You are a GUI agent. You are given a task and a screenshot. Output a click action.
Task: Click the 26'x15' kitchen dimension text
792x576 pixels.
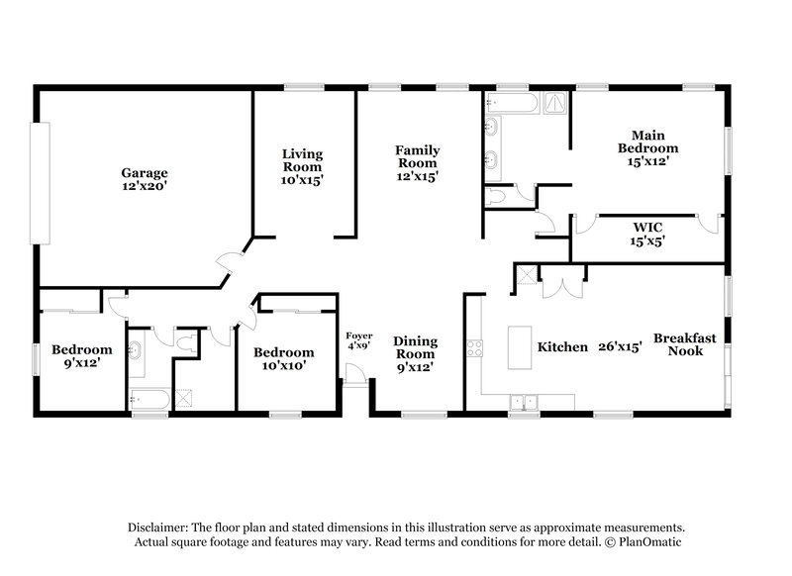coord(621,347)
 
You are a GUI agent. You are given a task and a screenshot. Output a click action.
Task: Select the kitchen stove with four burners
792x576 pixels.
coord(474,347)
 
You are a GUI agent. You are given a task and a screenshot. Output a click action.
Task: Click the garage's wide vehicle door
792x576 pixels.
coord(41,184)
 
